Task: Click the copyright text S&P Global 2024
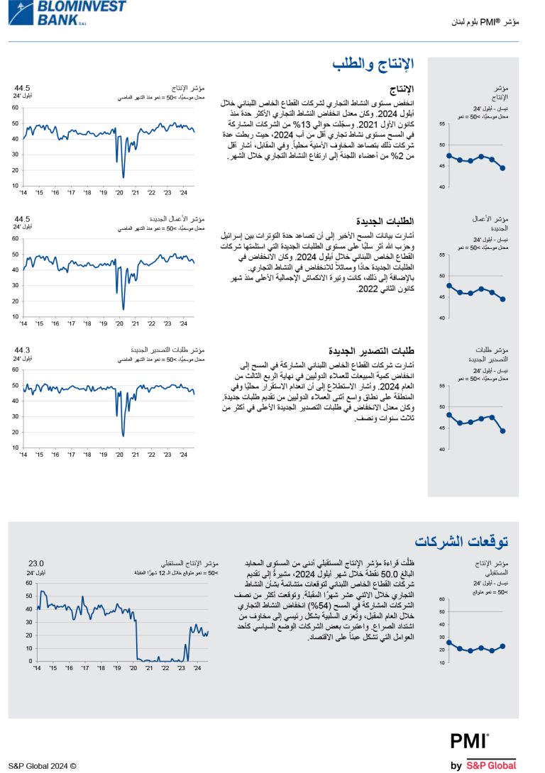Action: pyautogui.click(x=42, y=766)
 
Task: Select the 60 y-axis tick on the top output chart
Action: pyautogui.click(x=15, y=108)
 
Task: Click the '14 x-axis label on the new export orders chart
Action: pyautogui.click(x=23, y=454)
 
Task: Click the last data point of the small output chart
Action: pyautogui.click(x=502, y=168)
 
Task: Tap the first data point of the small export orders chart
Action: pyautogui.click(x=449, y=414)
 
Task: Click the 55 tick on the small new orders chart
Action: pyautogui.click(x=442, y=255)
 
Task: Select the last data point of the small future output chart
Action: pyautogui.click(x=502, y=646)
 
